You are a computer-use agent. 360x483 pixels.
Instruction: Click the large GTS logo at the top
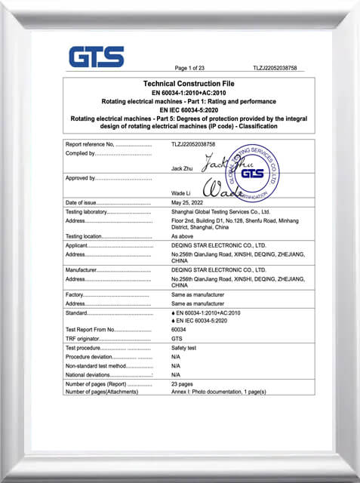click(96, 57)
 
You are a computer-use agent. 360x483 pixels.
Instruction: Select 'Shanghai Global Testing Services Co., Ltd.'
click(220, 212)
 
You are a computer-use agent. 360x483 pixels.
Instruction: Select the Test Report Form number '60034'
click(179, 329)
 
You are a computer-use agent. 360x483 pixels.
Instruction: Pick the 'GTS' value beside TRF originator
click(177, 338)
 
